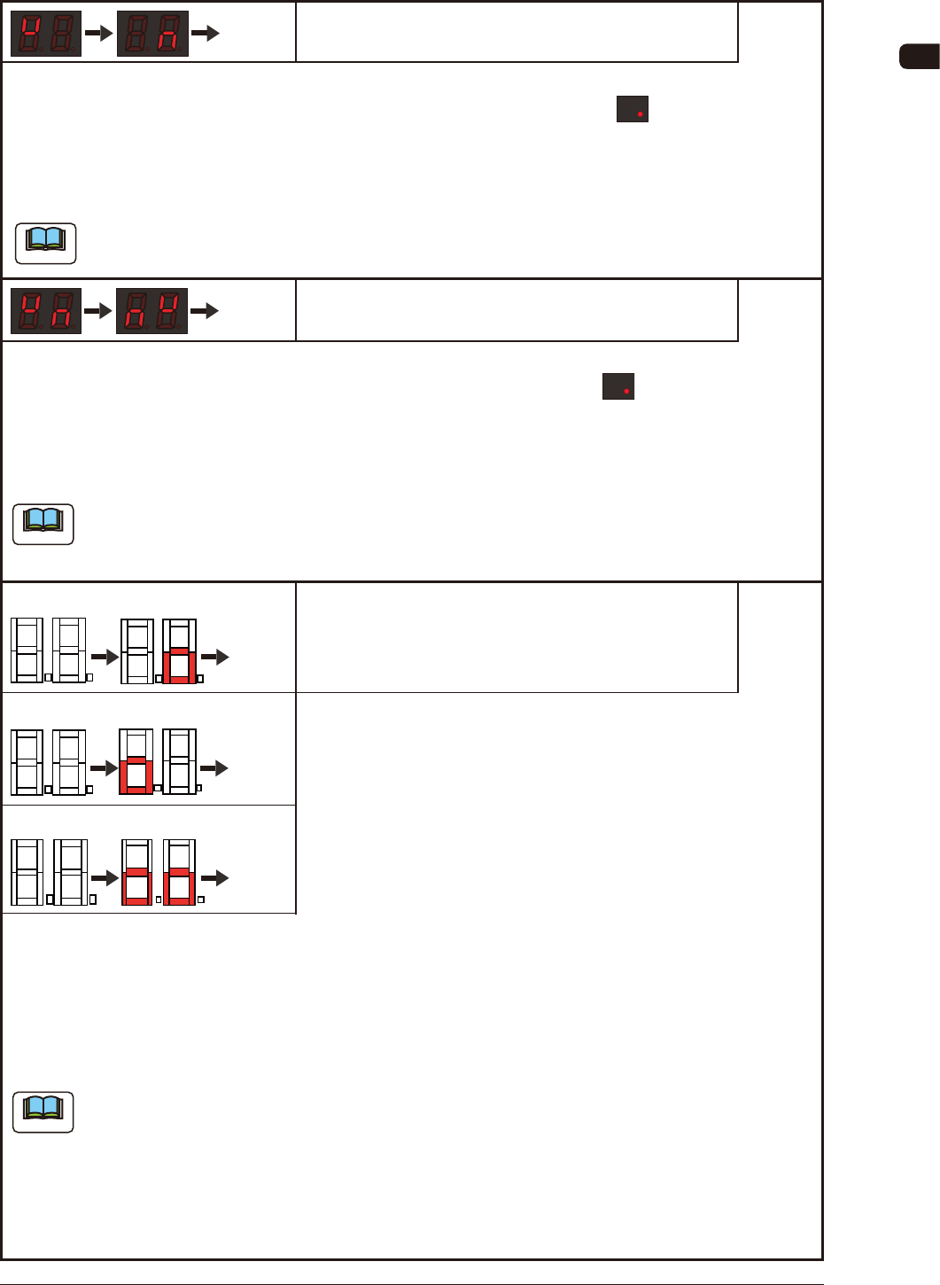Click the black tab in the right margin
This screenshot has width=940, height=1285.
pos(919,57)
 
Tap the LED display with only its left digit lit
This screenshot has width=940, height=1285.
pos(46,34)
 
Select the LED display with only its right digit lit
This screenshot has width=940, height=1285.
pos(152,34)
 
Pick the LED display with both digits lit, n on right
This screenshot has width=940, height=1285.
pos(46,311)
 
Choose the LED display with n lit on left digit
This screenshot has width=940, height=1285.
pos(152,311)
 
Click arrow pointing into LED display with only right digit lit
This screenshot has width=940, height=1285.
pos(98,34)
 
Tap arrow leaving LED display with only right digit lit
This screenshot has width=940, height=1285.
pos(205,34)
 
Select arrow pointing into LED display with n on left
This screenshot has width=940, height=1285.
pos(98,311)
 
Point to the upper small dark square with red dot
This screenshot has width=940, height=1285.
pos(633,109)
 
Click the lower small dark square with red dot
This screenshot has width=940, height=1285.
pos(618,386)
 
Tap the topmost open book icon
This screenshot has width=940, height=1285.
pos(46,243)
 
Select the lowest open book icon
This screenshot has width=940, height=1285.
pos(43,1112)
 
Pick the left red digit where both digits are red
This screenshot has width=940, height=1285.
pos(137,885)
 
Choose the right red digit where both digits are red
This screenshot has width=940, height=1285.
pos(179,885)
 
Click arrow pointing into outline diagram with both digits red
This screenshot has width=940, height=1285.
pos(105,878)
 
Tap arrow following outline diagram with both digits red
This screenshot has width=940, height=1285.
pos(215,878)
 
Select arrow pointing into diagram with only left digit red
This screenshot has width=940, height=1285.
pos(105,767)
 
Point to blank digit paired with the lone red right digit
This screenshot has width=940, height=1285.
pos(137,651)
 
